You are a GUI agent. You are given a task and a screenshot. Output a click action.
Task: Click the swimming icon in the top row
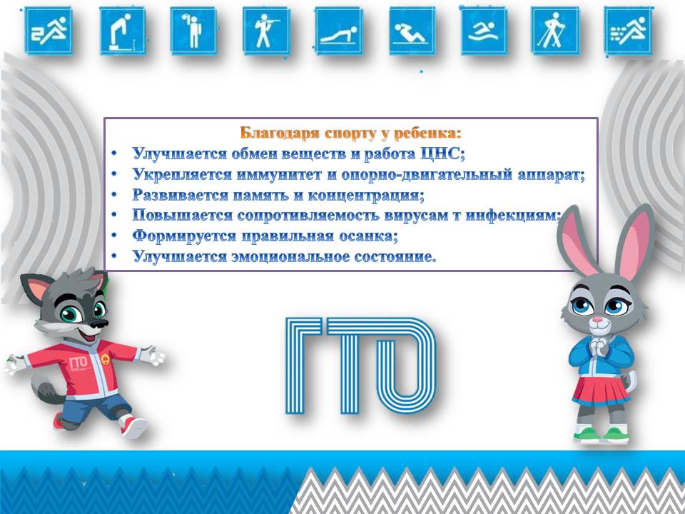click(483, 31)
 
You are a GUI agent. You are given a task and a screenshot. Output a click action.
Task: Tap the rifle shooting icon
click(266, 31)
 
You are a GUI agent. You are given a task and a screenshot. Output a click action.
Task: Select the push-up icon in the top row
click(338, 31)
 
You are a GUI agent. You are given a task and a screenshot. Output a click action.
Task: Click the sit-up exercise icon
click(412, 31)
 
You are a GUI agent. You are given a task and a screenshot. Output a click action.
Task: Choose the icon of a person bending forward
click(122, 31)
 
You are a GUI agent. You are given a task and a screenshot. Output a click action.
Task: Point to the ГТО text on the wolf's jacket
click(78, 363)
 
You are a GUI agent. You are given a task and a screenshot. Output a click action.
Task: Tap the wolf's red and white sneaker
click(134, 427)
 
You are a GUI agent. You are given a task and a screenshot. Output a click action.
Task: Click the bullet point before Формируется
click(114, 236)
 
